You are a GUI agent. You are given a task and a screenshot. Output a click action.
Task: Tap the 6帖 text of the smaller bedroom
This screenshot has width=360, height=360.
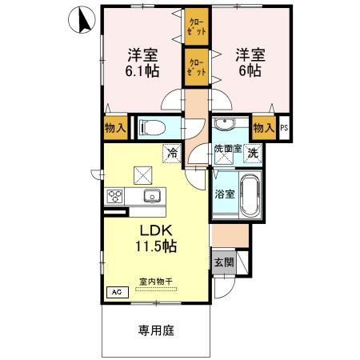[x=247, y=71]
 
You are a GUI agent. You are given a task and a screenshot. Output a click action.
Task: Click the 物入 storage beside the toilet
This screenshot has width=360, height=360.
[x=114, y=128]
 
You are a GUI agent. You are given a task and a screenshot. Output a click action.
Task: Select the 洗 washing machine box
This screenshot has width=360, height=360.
[x=252, y=154]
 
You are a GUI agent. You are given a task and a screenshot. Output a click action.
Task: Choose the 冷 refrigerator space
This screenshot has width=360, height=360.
[x=171, y=151]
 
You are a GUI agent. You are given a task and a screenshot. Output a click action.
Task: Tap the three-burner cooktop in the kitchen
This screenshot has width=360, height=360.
[x=114, y=197]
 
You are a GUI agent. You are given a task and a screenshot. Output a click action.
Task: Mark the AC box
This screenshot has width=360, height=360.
[x=117, y=293]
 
